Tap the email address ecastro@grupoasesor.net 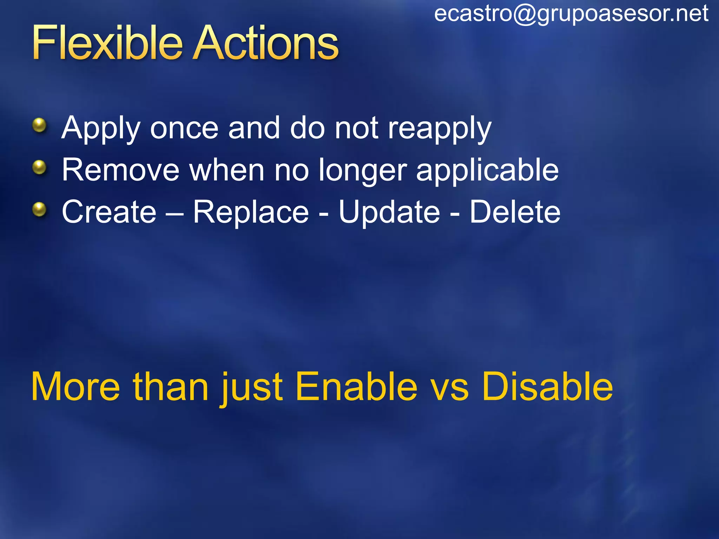coord(571,14)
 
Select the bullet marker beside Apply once coord(39,125)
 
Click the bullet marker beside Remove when coord(39,167)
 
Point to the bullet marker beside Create coord(39,209)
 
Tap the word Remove coord(120,170)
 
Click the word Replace coord(251,213)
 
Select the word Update coord(389,213)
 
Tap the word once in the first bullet coord(184,128)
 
